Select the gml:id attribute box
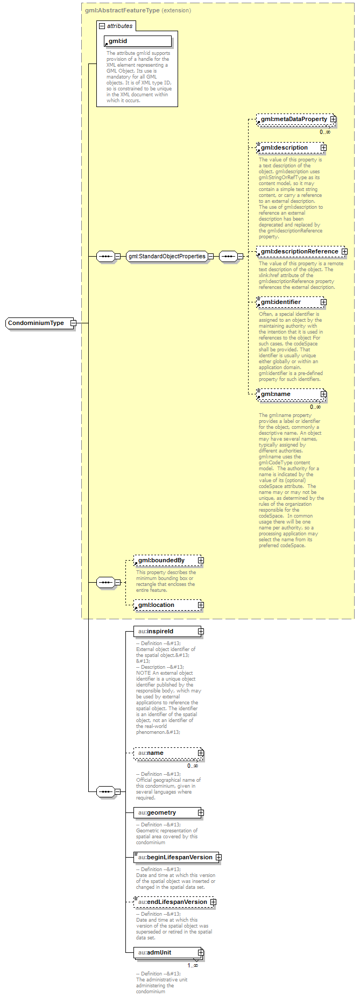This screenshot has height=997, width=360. point(138,41)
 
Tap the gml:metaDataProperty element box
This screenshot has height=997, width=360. point(293,119)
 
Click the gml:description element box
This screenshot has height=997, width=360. point(288,148)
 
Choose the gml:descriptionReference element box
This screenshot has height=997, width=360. point(299,252)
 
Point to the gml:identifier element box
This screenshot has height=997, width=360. point(288,302)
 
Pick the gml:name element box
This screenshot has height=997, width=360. point(288,394)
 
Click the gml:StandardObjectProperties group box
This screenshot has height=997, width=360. point(167,257)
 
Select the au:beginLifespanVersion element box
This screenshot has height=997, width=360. point(174,857)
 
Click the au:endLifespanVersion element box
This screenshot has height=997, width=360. point(172,902)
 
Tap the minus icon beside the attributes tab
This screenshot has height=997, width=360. point(102,26)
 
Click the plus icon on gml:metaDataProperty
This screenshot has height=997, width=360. point(333,119)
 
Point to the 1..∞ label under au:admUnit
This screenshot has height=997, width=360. point(193,965)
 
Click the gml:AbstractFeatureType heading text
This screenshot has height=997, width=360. point(122,10)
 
